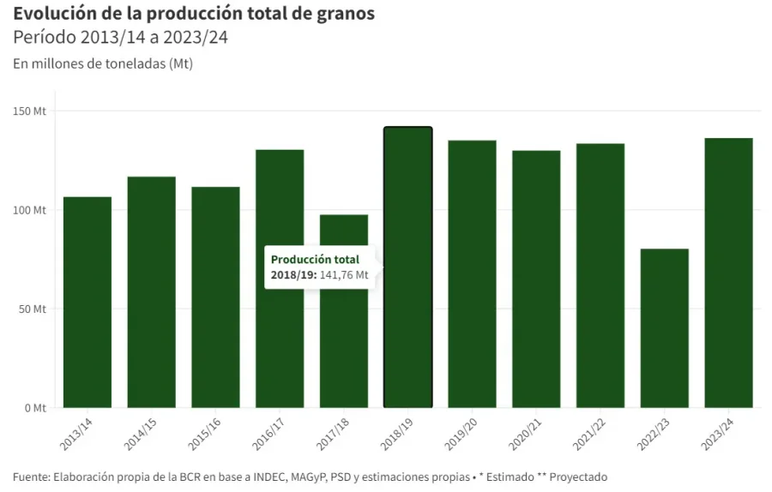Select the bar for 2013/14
coord(87,302)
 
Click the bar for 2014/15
coord(152,291)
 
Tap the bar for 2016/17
coord(280,279)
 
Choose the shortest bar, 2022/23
coord(664,327)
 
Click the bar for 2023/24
coord(728,273)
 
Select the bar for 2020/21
coord(536,279)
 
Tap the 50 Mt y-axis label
coord(33,309)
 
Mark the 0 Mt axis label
coord(35,408)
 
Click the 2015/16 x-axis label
coord(206,435)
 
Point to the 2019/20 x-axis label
coord(461,435)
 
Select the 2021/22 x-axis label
coord(590,435)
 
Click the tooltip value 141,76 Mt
coord(344,275)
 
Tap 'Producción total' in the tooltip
coord(315,260)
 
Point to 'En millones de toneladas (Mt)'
coord(103,64)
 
